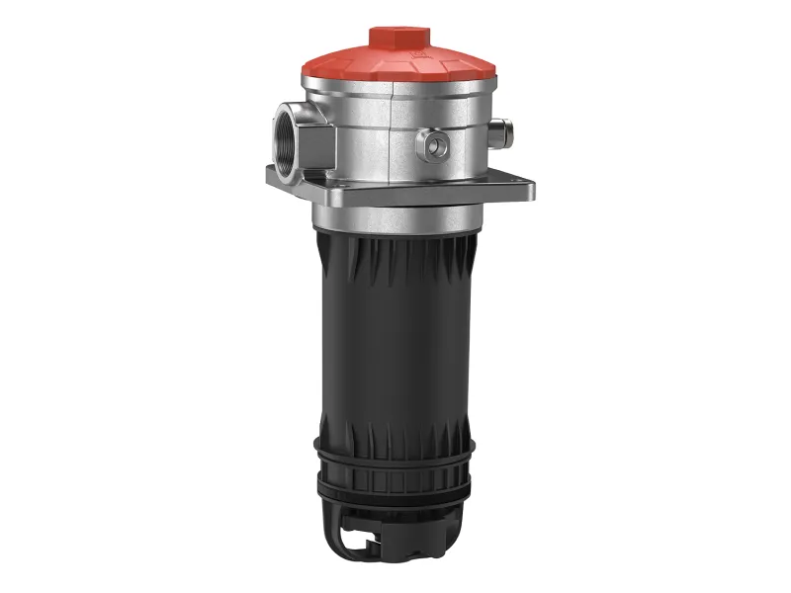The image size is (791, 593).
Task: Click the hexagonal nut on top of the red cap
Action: coord(400,38)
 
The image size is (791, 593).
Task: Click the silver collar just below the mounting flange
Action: coord(399,215)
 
